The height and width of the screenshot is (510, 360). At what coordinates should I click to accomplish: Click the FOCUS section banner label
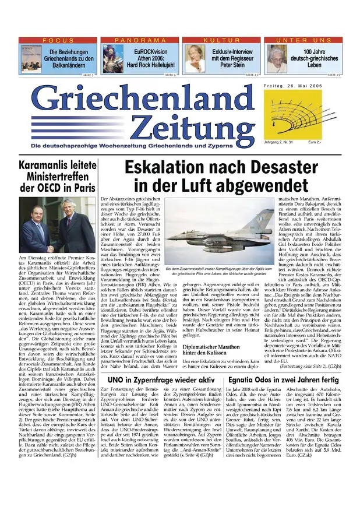coord(58,40)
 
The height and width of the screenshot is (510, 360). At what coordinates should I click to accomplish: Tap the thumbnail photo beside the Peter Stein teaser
coord(194,58)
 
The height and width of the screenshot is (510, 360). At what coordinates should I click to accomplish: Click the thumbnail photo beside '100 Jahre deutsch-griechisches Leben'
coord(276,58)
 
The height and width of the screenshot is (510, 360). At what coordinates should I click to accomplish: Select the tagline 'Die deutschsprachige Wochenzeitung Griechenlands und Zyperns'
coord(140,145)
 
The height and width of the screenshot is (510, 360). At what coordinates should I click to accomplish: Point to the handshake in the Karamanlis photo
coord(52,245)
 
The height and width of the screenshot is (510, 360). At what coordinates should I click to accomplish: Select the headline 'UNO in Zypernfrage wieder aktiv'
coord(161,363)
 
